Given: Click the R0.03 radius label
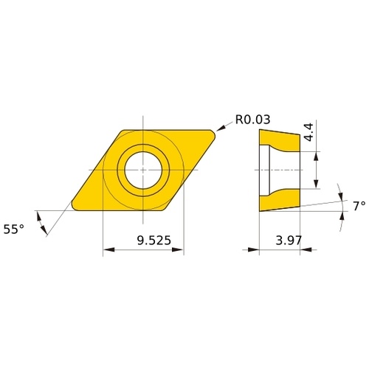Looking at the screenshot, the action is tap(252, 120).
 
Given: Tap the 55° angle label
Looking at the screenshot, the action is tap(14, 230).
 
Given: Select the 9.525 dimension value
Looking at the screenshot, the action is tap(154, 241).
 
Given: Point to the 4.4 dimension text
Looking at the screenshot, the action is tap(308, 132).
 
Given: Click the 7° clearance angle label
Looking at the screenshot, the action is tap(359, 206).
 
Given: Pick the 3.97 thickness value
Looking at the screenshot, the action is tap(289, 241).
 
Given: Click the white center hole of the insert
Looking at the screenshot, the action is tap(143, 170).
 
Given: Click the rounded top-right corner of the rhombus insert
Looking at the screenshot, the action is tap(213, 133).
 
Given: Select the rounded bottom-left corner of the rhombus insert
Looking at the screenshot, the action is tap(75, 207).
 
